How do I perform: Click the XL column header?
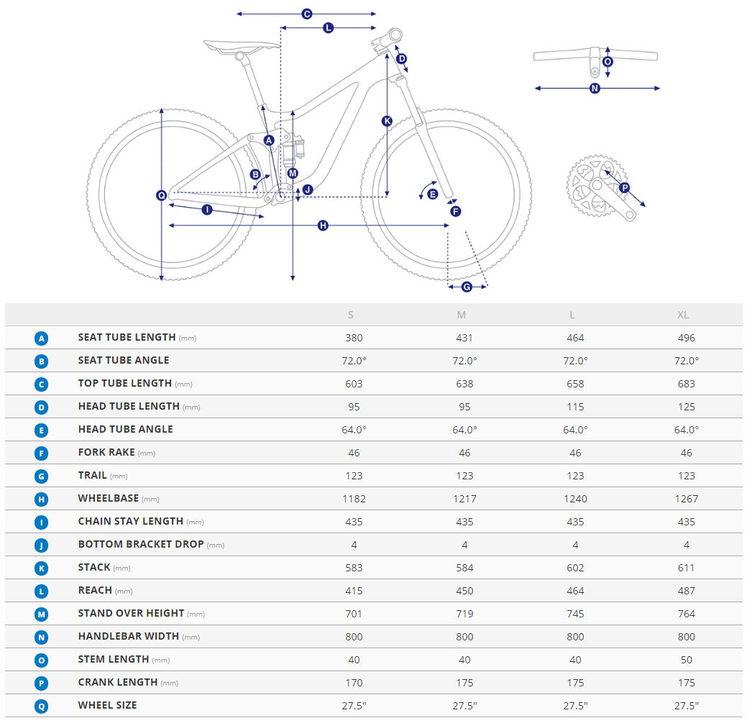pos(683,315)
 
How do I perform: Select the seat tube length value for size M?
pos(464,338)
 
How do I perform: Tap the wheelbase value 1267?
pos(686,499)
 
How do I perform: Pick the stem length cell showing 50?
pos(686,660)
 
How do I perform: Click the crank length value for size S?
pos(354,683)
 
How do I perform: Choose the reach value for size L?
pos(575,591)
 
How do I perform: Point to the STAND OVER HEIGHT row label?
pos(131,614)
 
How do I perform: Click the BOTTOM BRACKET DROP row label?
pos(141,545)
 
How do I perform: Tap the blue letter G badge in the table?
pos(42,476)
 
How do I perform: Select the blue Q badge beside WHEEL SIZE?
pos(42,706)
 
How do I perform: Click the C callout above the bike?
pos(307,14)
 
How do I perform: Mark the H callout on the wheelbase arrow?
pos(323,226)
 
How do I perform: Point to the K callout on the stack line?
pos(387,121)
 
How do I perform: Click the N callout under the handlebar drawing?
pos(595,88)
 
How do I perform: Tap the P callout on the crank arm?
pos(624,188)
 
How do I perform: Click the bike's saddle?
pos(239,46)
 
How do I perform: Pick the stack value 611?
pos(686,568)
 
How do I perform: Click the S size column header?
pos(351,315)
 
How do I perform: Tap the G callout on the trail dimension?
pos(466,287)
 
